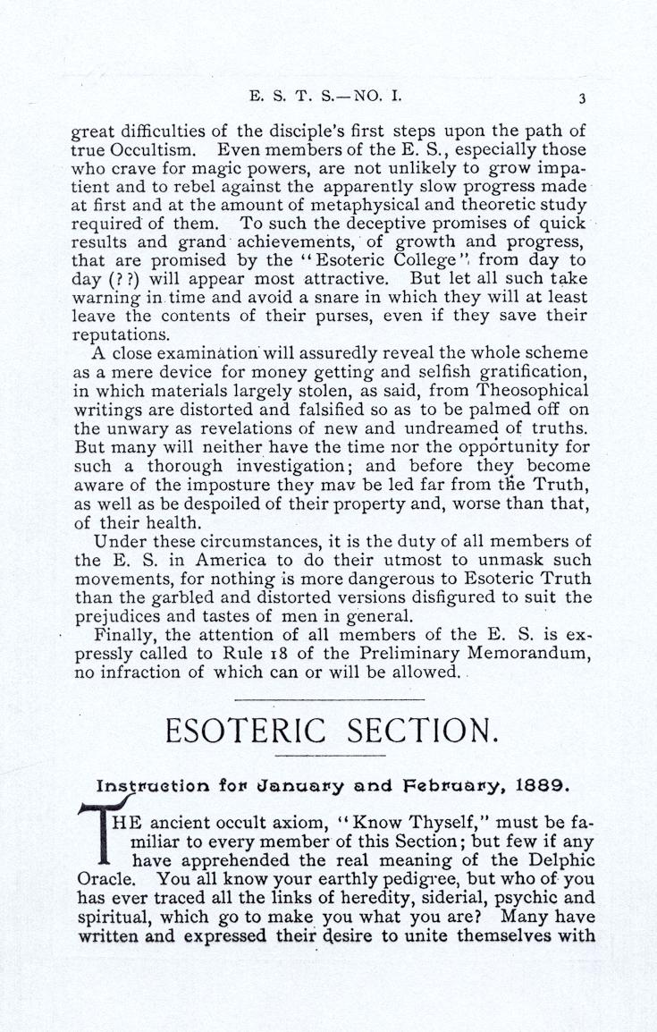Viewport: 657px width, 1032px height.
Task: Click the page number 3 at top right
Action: pyautogui.click(x=581, y=98)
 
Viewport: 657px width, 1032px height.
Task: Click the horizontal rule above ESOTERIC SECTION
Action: pyautogui.click(x=328, y=698)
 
